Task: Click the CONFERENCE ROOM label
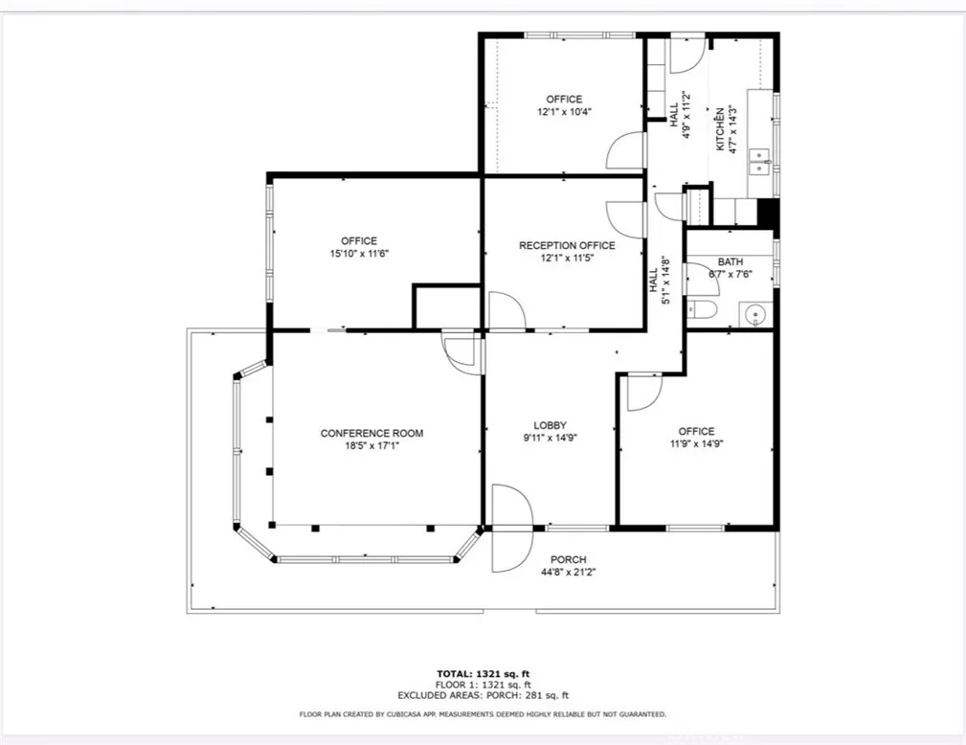point(371,433)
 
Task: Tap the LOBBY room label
point(550,425)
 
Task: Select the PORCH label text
point(569,559)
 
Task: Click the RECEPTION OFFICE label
point(567,245)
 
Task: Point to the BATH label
point(730,261)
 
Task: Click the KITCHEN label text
point(719,128)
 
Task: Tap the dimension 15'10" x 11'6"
point(359,253)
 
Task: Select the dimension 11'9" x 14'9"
point(696,443)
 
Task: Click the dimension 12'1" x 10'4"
point(564,111)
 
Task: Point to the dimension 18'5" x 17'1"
point(371,445)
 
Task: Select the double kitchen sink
point(759,161)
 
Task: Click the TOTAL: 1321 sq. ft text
point(483,673)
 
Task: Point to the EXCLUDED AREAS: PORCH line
point(483,696)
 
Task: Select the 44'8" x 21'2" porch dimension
point(569,572)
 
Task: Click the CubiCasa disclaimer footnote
point(483,714)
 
